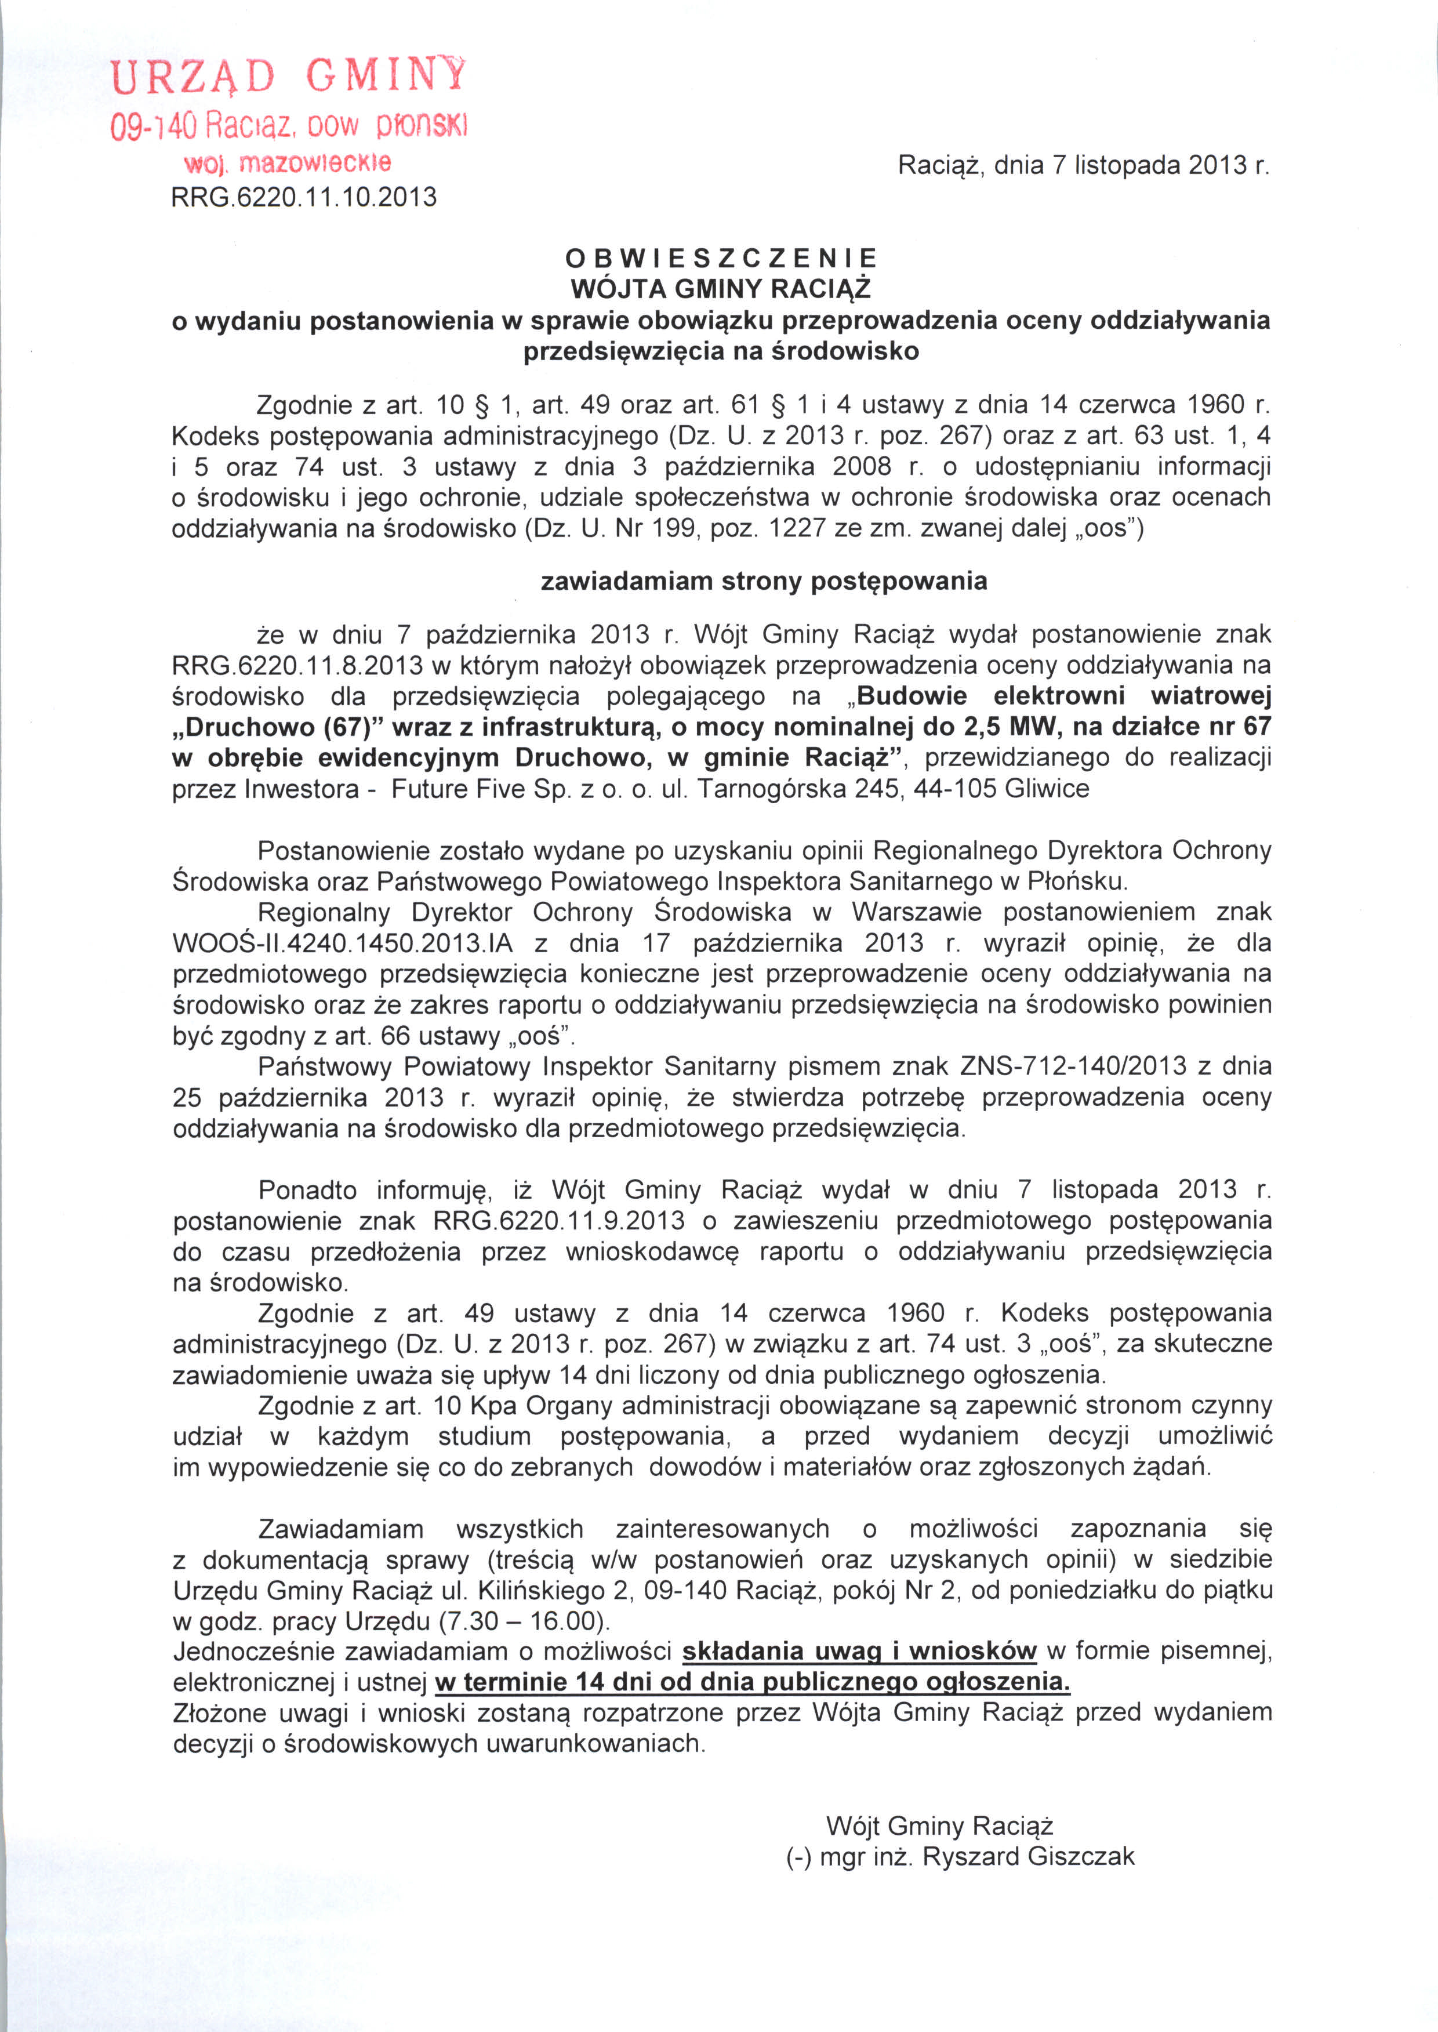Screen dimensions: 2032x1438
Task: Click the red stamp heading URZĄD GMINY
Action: [288, 76]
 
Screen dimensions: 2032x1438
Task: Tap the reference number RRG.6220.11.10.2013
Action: [304, 197]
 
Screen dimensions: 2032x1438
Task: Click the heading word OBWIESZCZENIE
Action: [721, 257]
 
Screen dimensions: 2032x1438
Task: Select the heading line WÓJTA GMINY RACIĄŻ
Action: [721, 289]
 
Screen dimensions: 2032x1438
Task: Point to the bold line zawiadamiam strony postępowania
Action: [763, 581]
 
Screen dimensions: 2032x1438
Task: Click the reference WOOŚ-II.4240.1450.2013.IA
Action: [343, 943]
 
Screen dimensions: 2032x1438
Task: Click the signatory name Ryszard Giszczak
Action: [1028, 1857]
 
